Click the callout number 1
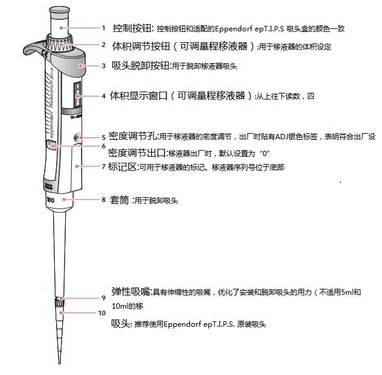click(x=103, y=28)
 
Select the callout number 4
click(x=104, y=96)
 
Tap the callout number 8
click(x=103, y=199)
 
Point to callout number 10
click(x=102, y=312)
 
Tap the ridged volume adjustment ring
click(x=60, y=44)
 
